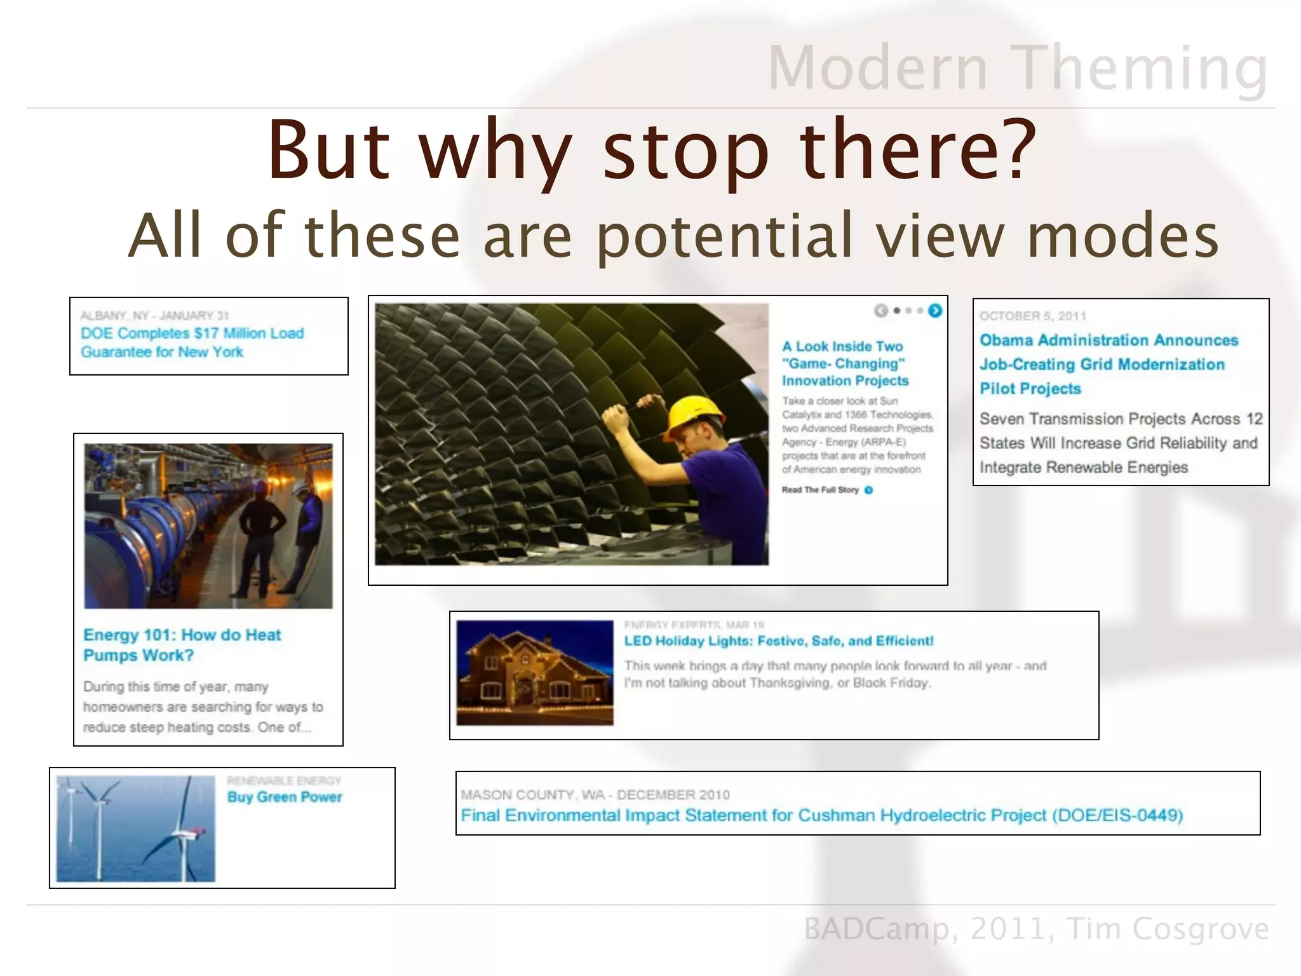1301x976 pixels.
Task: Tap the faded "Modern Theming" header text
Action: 1018,68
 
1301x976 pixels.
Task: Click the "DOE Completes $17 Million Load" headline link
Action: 192,334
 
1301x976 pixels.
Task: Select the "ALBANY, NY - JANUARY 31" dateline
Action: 154,316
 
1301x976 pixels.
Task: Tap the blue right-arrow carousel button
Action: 934,311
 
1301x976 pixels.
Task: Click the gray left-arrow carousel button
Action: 880,311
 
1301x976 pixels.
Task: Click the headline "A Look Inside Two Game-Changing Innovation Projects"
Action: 844,363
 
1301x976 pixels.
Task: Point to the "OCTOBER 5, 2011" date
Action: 1032,316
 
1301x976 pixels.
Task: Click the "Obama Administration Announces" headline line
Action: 1109,341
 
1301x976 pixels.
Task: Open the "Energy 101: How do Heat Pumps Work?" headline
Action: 182,644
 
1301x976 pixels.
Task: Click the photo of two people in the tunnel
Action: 208,525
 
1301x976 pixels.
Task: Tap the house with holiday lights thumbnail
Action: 535,673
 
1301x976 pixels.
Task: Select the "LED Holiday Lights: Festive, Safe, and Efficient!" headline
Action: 778,640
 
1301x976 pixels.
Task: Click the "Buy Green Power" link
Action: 285,797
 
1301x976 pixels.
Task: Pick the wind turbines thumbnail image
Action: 135,828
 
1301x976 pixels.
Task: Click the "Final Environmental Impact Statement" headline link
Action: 821,815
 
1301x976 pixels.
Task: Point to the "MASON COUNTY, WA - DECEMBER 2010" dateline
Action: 595,795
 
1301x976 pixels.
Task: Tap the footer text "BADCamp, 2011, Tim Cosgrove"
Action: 1036,929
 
